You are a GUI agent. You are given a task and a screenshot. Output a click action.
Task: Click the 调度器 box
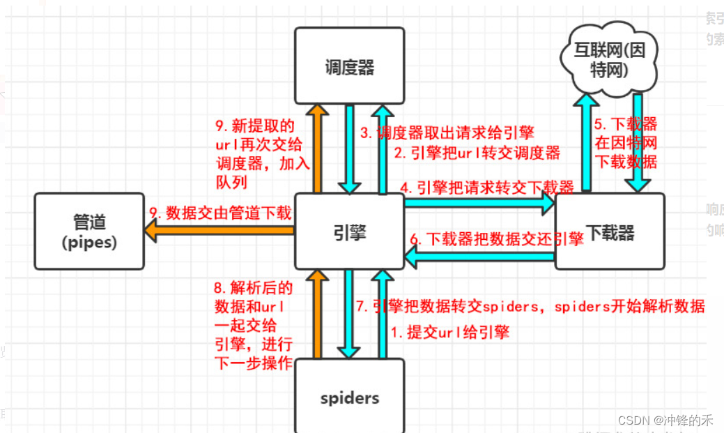point(349,66)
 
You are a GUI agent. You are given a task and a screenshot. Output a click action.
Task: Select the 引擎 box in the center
point(349,231)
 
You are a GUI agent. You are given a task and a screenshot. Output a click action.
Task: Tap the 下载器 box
point(610,231)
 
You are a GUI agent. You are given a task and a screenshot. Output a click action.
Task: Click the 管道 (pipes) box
point(90,231)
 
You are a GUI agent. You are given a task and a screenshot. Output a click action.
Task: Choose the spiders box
point(349,397)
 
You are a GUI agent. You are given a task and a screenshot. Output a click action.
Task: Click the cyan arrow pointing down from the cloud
point(637,143)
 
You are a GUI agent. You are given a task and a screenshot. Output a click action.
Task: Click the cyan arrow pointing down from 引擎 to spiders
point(349,314)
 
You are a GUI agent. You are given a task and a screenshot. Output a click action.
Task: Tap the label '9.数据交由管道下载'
point(220,213)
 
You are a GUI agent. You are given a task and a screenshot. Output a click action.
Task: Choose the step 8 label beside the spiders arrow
point(254,326)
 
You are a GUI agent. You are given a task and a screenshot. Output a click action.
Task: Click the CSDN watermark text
point(665,420)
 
